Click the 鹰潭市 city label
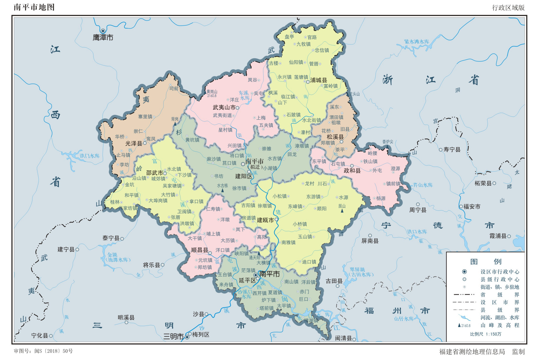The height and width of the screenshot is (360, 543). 103,38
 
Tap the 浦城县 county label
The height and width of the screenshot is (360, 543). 318,80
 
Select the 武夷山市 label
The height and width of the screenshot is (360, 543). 224,108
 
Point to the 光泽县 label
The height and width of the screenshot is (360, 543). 134,143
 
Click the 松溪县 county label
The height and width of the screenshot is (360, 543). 335,137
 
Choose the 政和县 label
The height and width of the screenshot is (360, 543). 352,171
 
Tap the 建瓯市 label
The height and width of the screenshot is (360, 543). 265,220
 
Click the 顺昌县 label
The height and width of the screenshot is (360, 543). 199,250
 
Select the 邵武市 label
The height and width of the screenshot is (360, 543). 154,173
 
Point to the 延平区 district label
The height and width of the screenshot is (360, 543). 247,281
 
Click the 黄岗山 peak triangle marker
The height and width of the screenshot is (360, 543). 205,92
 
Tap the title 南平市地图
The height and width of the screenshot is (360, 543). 34,7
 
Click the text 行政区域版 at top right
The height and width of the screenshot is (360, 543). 508,8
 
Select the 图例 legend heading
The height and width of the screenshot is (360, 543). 486,262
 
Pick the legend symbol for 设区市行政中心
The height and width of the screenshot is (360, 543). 464,272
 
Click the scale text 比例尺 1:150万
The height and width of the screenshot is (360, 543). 486,334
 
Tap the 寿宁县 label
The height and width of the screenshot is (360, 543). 452,150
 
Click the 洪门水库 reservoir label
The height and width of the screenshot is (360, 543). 90,156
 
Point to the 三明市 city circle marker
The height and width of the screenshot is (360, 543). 187,337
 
